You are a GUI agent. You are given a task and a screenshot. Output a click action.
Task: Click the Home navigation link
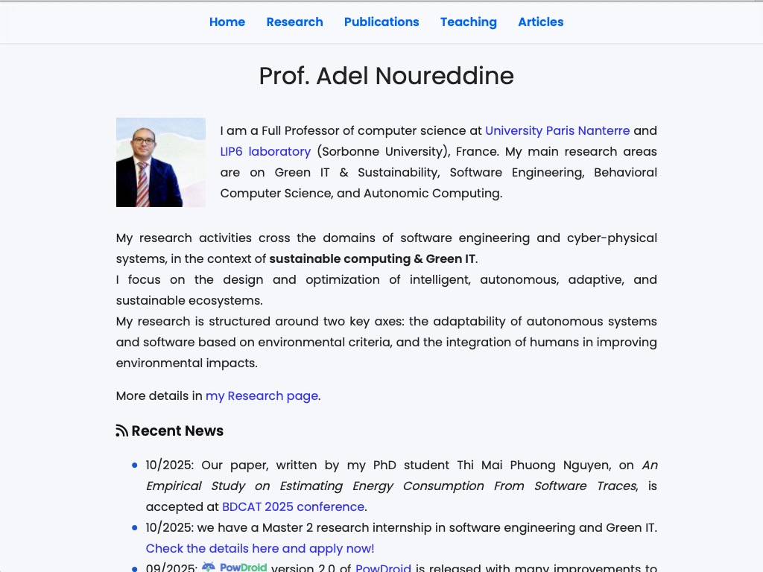227,22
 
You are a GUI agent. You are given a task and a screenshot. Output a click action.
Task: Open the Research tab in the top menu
294,22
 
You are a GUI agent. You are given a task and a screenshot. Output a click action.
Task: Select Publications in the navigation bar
381,22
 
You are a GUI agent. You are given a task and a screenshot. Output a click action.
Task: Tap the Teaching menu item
468,22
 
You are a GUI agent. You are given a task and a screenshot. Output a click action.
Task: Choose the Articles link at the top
540,22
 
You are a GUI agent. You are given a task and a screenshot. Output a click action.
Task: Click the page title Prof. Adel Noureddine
386,76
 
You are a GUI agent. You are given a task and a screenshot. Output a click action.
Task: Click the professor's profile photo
160,162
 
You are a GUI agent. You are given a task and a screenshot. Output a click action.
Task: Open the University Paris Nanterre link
557,131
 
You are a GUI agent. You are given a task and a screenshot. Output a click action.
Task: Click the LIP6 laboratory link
265,152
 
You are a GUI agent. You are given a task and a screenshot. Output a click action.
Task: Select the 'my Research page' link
262,396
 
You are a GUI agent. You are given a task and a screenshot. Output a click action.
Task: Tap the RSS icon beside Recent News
122,431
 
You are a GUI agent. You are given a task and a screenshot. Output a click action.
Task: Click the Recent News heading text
177,431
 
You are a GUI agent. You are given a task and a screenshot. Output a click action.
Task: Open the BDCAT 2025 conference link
293,507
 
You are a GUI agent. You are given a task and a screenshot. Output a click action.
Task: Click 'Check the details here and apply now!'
260,549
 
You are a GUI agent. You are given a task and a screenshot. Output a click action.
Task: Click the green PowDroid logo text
243,568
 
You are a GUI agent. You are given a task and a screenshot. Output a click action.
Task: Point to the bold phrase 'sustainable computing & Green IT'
372,259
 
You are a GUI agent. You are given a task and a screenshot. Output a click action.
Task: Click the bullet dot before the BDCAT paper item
135,465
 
